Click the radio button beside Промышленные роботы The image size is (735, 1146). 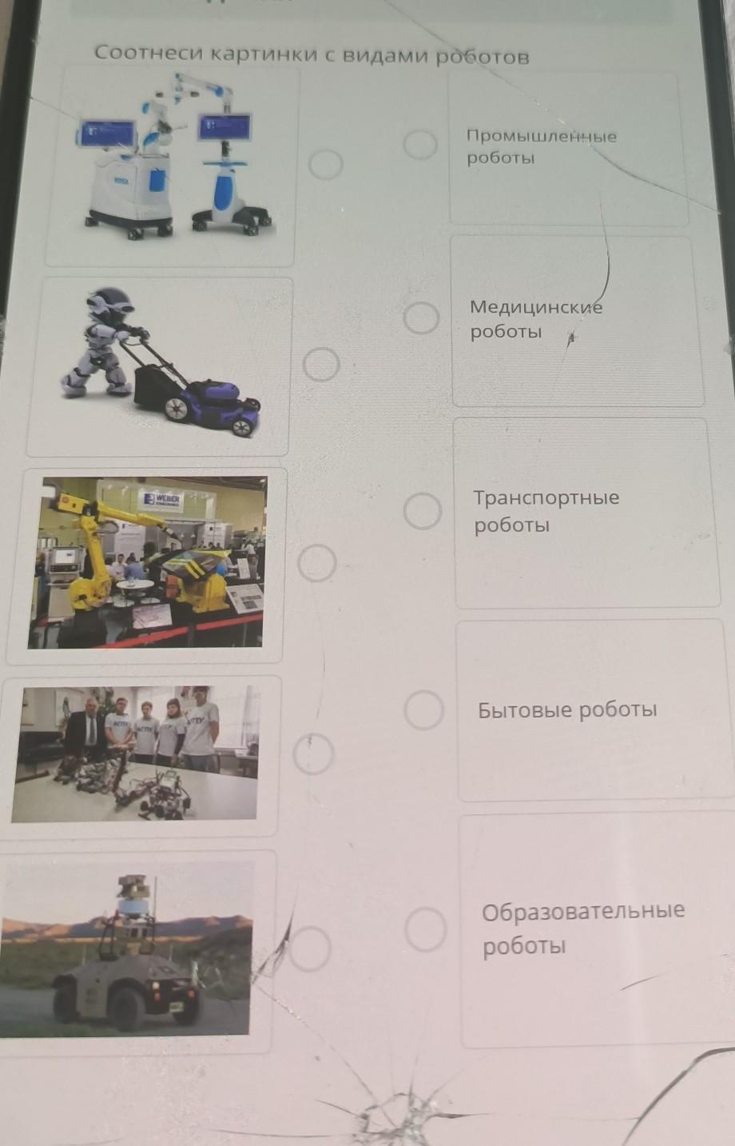tap(420, 144)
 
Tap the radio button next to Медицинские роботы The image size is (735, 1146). tap(421, 317)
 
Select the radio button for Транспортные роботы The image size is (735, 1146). tap(423, 510)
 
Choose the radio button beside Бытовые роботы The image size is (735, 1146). tap(423, 709)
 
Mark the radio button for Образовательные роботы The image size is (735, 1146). tap(425, 929)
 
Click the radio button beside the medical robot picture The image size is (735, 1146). tap(326, 164)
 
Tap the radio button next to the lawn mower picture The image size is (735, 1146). tap(321, 364)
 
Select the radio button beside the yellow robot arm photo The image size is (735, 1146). tap(317, 563)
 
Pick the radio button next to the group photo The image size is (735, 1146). tap(313, 753)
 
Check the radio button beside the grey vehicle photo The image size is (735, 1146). tap(310, 949)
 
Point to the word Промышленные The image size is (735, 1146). tap(542, 136)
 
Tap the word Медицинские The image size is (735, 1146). tap(536, 307)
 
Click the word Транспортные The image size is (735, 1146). tap(546, 497)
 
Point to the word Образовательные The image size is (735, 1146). tap(583, 911)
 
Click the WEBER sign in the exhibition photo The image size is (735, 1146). tap(162, 499)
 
